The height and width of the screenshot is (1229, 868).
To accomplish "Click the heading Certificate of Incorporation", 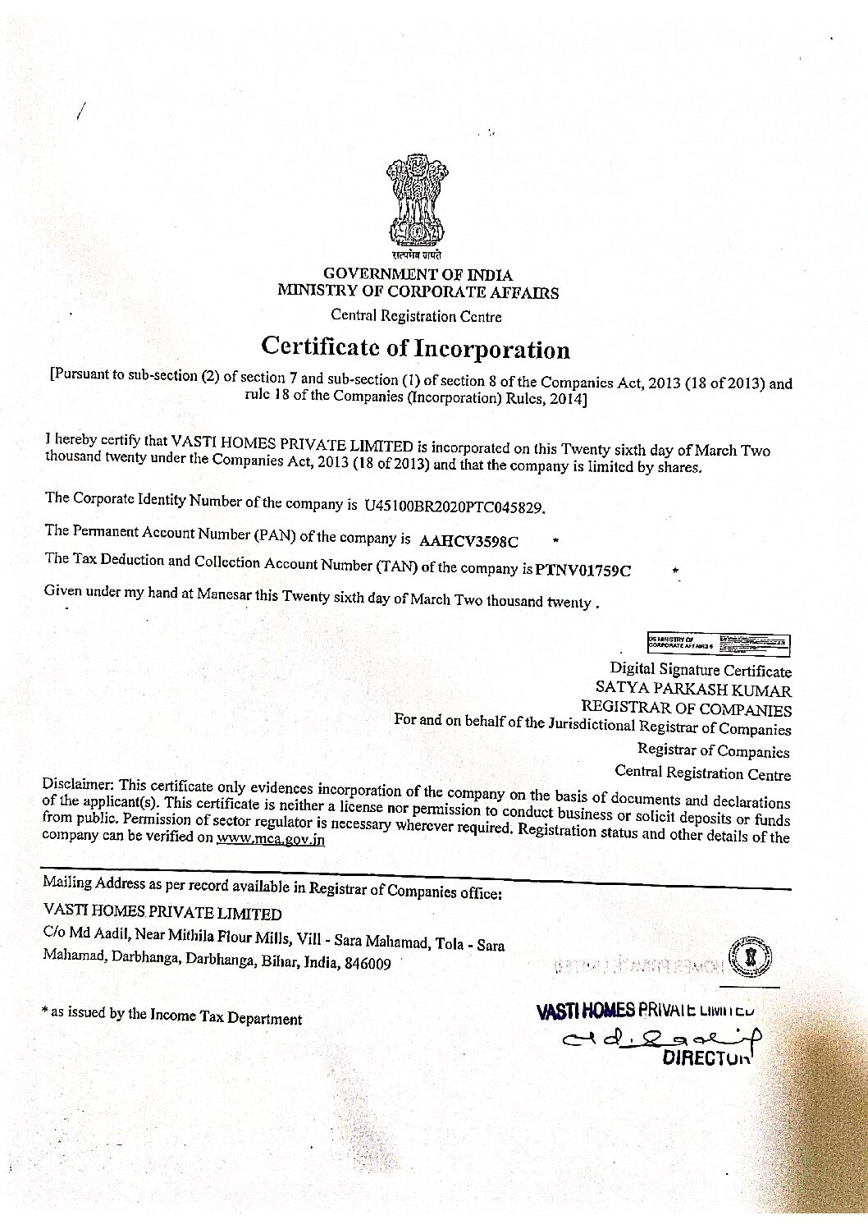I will point(415,348).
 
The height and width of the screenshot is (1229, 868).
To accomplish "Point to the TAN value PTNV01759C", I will point(582,570).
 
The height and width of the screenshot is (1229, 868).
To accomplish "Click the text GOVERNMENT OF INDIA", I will point(418,274).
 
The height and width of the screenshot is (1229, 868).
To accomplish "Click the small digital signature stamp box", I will point(718,644).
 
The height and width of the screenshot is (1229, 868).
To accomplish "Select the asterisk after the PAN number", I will point(556,540).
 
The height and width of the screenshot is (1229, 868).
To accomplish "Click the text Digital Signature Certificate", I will point(700,670).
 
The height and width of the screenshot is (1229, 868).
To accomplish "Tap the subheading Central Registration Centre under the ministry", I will point(415,315).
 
